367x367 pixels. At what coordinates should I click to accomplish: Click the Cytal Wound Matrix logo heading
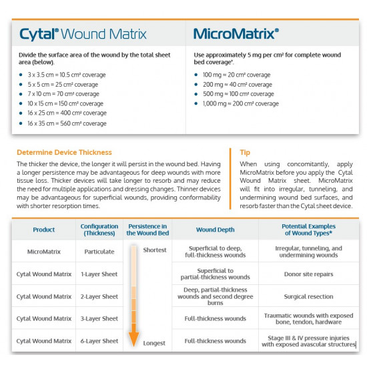(83, 33)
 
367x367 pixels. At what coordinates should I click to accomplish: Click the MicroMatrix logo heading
(236, 33)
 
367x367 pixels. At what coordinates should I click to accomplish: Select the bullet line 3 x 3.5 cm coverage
(63, 75)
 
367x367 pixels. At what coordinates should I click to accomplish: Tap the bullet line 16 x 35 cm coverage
(67, 123)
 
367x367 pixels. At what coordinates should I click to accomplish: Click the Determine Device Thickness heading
(64, 152)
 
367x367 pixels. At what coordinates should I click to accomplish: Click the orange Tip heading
(245, 152)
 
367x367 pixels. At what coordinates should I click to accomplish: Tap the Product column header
(44, 230)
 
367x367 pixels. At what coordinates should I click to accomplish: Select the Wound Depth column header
(215, 230)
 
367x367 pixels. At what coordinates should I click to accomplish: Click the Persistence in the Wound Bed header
(147, 230)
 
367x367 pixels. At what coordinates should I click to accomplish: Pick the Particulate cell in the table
(99, 252)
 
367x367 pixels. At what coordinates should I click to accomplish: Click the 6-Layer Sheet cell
(99, 341)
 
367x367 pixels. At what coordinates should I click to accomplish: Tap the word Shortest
(155, 250)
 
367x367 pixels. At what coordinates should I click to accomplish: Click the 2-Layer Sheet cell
(99, 296)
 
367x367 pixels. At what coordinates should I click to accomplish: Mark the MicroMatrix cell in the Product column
(44, 252)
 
